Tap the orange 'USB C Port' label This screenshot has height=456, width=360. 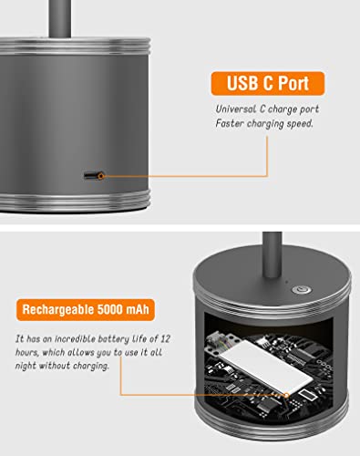[x=268, y=83]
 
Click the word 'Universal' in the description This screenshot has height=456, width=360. [x=236, y=109]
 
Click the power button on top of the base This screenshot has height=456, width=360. [x=301, y=290]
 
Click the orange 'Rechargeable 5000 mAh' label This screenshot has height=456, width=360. [x=86, y=310]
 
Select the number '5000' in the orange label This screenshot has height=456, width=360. [x=109, y=309]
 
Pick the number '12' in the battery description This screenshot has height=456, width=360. [x=165, y=338]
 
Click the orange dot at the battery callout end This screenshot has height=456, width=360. [x=286, y=395]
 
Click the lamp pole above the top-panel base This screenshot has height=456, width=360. [x=60, y=19]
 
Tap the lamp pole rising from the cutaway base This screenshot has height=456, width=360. [x=273, y=254]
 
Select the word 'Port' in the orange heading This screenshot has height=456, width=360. [x=293, y=83]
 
